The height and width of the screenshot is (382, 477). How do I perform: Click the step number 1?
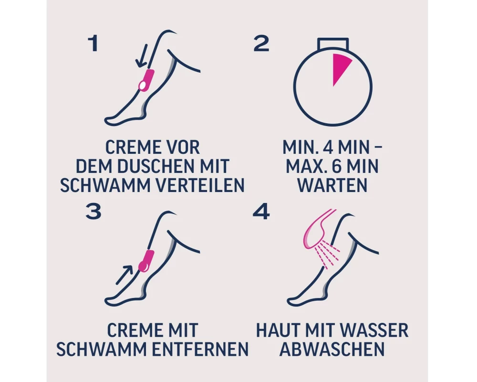coord(93,43)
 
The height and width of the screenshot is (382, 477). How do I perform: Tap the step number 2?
coord(261,43)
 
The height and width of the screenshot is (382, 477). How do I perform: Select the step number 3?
coord(93,212)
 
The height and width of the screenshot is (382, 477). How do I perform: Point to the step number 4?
coord(261,212)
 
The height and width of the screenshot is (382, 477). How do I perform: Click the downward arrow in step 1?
coord(142,56)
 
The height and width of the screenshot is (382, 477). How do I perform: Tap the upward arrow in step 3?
coord(124,275)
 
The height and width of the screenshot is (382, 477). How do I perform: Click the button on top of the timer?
coord(333,43)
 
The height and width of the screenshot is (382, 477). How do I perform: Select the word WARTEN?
coord(332,185)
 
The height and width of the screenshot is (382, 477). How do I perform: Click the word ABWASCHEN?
coord(332,349)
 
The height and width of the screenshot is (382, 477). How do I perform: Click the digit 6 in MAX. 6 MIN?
coord(332,166)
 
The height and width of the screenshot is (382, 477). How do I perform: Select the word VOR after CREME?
coord(182,148)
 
